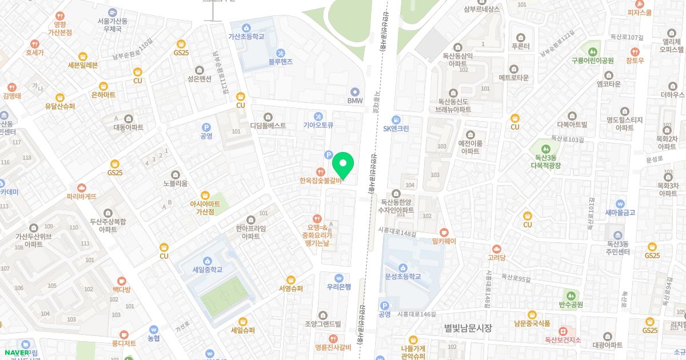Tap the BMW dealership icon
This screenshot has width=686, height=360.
pos(355,91)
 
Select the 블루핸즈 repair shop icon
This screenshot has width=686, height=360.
pos(280,52)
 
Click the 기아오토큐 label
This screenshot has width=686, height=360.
pos(318,125)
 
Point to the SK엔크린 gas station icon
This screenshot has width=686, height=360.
pos(396,119)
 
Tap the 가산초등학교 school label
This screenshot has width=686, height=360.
pos(246,36)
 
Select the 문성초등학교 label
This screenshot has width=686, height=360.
pos(403,277)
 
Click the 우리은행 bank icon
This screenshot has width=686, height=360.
pos(338,278)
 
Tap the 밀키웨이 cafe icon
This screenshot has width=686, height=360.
pos(444,232)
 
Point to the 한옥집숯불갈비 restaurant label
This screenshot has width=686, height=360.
pos(320,181)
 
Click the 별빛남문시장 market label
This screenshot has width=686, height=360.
pos(468,327)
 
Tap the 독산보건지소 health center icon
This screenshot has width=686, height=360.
pos(563,331)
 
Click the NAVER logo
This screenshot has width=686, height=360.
pos(17,352)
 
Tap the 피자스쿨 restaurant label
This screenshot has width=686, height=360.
pos(639,12)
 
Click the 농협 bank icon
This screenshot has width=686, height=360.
pos(153,329)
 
